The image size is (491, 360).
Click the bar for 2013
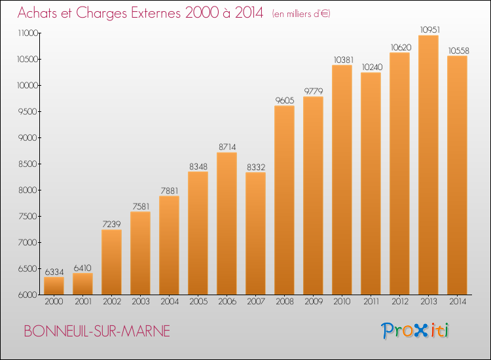coord(428,165)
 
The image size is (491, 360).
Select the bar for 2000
coord(54,286)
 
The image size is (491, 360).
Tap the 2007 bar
coord(255,234)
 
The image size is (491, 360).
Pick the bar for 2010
coord(342,180)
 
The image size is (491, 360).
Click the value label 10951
coord(430,29)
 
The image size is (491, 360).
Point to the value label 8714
coord(227,147)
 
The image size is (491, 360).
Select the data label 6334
coord(54,272)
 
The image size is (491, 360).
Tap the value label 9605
coord(285,100)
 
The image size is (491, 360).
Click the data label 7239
coord(111,224)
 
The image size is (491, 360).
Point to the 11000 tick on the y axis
coord(28,33)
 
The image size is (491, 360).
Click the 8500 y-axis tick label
coord(28,164)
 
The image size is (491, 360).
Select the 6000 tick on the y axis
coord(28,295)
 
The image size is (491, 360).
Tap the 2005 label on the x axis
coord(198,301)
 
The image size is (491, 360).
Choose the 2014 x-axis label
coord(458,301)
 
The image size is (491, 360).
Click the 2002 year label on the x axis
coord(112,301)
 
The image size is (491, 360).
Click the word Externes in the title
coord(156,12)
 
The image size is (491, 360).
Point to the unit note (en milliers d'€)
coord(301,14)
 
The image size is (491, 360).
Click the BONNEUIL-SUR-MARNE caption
coord(97,331)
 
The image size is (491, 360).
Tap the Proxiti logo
coord(415,331)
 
